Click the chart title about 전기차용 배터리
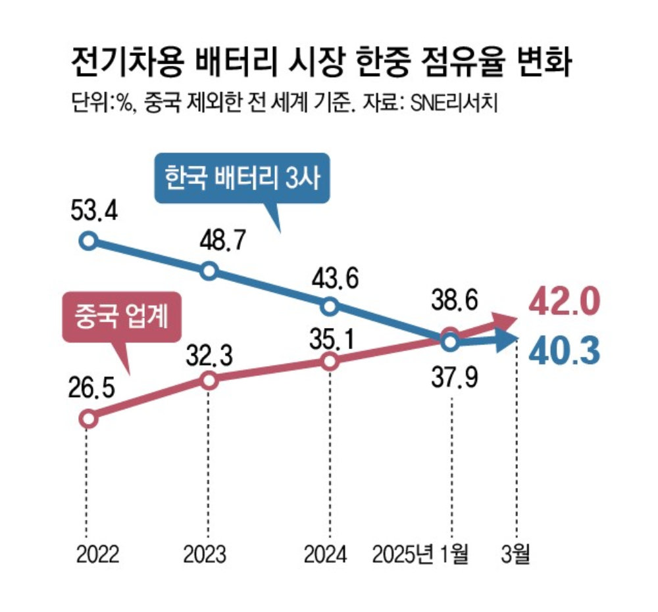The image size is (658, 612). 323,64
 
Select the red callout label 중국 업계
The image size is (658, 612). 122,318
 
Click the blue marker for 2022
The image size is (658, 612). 88,241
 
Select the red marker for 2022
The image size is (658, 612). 88,418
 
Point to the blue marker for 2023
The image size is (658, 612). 209,270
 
